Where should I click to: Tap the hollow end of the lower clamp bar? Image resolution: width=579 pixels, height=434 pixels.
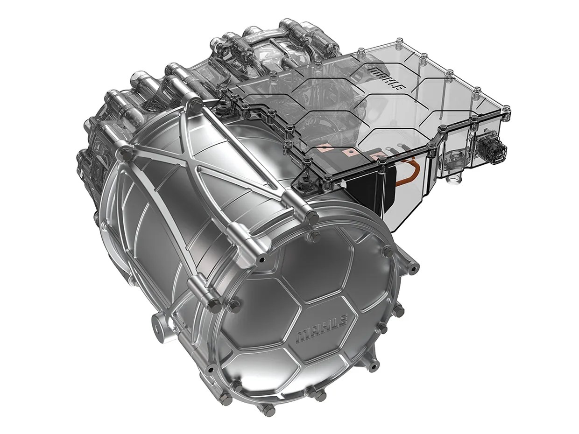point(213,306)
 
